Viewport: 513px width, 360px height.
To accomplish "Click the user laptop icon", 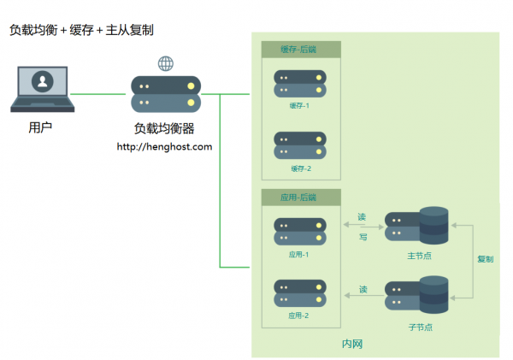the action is click(x=43, y=89).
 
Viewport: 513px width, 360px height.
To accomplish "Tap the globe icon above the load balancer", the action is click(x=166, y=63).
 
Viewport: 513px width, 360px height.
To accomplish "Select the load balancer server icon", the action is click(x=166, y=94).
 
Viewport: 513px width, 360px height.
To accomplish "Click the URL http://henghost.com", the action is click(x=164, y=146).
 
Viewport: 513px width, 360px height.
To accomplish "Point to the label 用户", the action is click(x=40, y=127).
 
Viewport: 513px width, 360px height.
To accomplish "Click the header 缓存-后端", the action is click(x=298, y=50).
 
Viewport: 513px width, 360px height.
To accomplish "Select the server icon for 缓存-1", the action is click(x=300, y=84).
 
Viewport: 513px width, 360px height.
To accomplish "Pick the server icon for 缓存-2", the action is click(x=300, y=145).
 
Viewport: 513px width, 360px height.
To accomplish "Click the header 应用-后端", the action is click(x=298, y=198).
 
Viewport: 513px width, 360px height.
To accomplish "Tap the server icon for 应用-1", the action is click(x=300, y=232).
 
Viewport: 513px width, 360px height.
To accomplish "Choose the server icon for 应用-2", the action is click(x=300, y=293).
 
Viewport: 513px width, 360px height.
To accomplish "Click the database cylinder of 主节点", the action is click(x=433, y=226).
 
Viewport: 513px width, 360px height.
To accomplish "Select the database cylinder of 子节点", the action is click(x=433, y=294).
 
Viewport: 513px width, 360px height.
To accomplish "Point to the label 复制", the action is click(x=485, y=259).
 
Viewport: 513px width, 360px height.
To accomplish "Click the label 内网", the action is click(x=352, y=344).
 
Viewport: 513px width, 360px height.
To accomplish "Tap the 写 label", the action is click(x=363, y=237).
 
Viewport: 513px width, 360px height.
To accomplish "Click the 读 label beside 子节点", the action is click(x=363, y=289).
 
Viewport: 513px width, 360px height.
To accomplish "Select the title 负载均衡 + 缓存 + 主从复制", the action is click(x=81, y=30).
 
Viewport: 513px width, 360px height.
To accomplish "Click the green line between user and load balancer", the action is click(x=97, y=94).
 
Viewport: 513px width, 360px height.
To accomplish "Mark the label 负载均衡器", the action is click(x=164, y=128).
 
